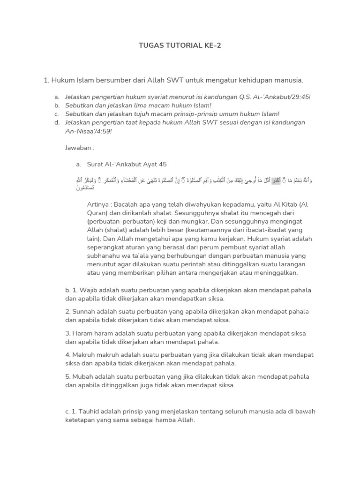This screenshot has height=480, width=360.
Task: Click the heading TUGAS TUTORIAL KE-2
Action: [x=180, y=45]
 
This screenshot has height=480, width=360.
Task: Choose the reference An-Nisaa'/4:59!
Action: [x=88, y=131]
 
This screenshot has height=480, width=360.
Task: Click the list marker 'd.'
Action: [x=57, y=123]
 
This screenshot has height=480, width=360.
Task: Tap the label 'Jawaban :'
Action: [x=80, y=148]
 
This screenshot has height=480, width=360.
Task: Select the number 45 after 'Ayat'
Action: [x=163, y=165]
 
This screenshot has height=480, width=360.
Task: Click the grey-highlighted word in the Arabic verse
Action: [x=276, y=180]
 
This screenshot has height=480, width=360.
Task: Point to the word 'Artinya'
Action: [x=99, y=205]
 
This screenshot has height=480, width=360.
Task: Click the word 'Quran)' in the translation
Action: [x=97, y=213]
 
